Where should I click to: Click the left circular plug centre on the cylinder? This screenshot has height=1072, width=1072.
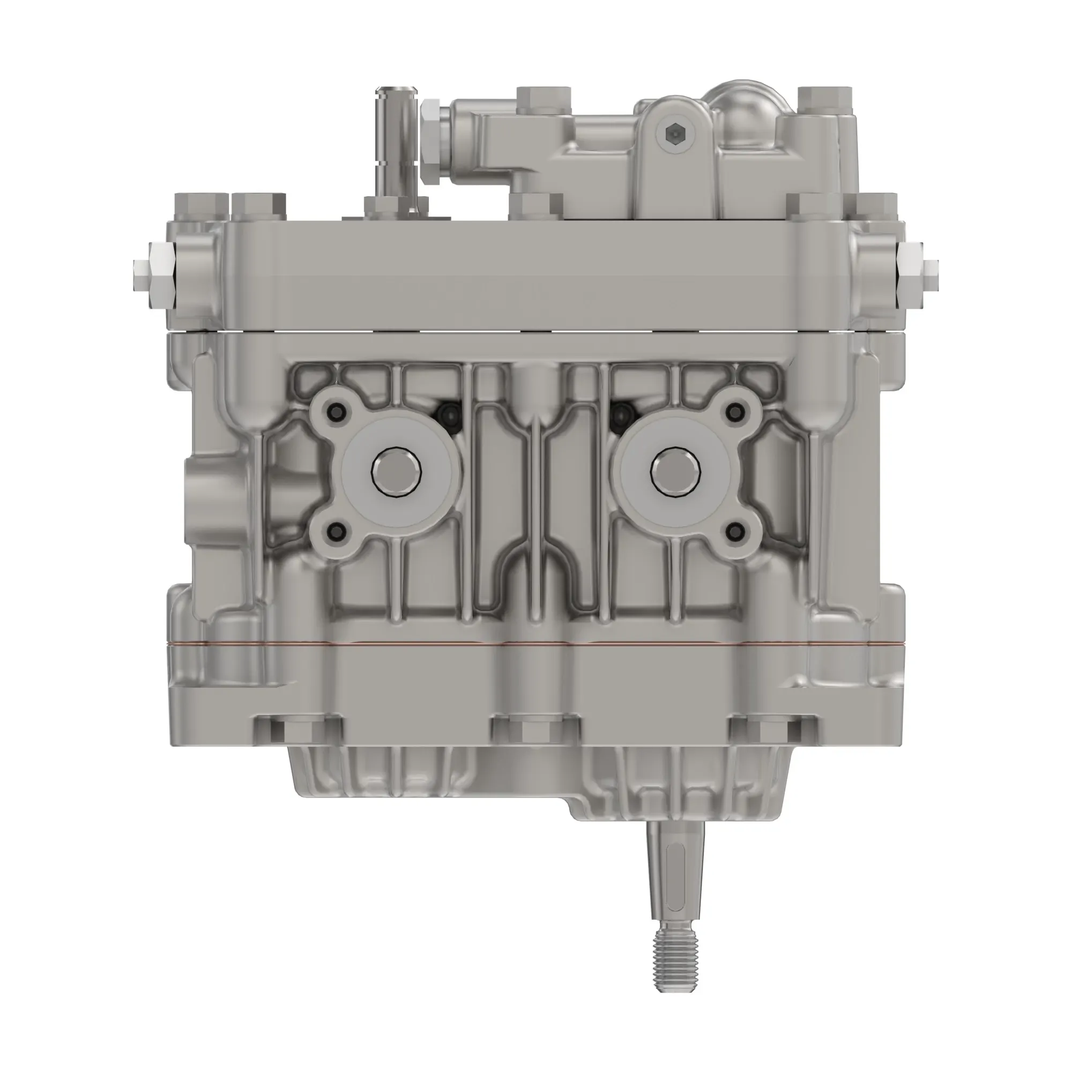tap(396, 472)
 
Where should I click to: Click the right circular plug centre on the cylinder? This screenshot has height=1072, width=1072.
tap(675, 472)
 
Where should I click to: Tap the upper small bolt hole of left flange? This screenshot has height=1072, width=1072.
tap(336, 411)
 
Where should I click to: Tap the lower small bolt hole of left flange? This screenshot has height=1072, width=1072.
tap(336, 532)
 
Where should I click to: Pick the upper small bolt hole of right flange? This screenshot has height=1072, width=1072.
tap(735, 411)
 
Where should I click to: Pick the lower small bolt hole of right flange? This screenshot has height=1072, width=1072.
tap(735, 532)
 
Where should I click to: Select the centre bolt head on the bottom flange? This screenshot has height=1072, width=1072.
tap(535, 731)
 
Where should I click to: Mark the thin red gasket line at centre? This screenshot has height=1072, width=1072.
tap(535, 645)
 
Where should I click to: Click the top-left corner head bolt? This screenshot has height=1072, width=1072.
tap(202, 206)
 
